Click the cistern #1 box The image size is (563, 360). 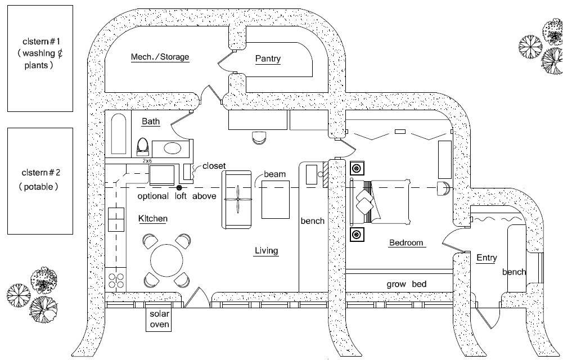(x=40, y=58)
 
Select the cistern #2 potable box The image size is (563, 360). (x=40, y=181)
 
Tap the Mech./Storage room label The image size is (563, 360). (x=160, y=57)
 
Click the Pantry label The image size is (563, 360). (x=268, y=59)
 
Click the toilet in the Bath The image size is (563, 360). (x=143, y=147)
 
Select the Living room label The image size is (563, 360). (x=266, y=251)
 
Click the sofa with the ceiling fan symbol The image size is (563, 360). (x=237, y=199)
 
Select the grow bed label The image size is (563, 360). (x=407, y=284)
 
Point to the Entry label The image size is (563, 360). (x=487, y=258)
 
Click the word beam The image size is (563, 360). (x=275, y=175)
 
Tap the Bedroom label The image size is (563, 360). (x=407, y=243)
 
